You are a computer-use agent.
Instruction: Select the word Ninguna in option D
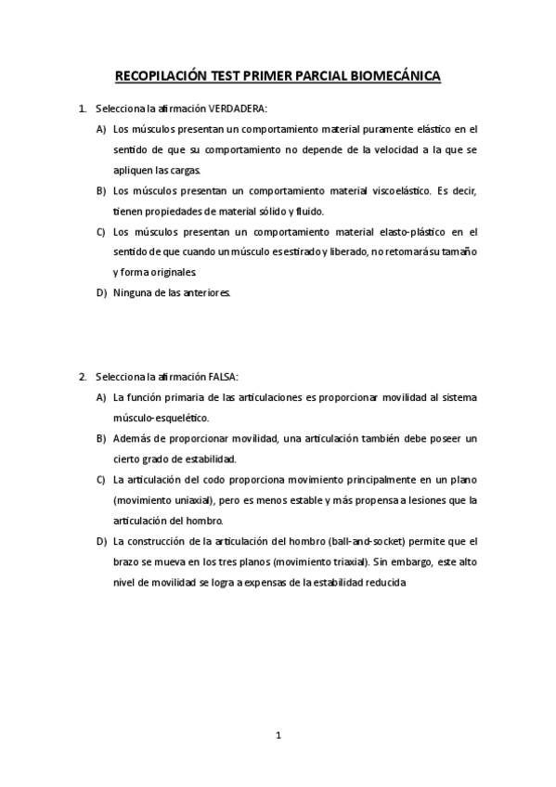click(132, 293)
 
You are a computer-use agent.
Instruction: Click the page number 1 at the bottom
click(278, 735)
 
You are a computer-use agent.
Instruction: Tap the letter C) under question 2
click(100, 480)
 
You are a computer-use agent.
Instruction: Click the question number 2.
click(83, 377)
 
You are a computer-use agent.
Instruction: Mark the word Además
click(132, 438)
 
